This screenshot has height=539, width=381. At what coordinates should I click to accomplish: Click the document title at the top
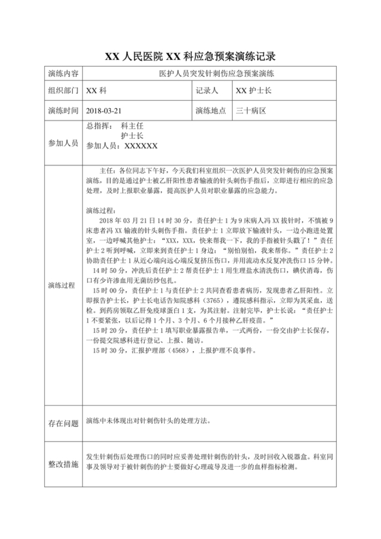coord(190,56)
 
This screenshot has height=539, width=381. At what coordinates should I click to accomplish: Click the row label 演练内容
coord(63,73)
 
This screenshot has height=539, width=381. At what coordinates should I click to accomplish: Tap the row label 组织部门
coord(63,91)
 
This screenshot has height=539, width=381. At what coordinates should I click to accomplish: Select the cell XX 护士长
coord(254,91)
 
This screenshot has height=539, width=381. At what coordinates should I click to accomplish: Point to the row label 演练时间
coord(63,109)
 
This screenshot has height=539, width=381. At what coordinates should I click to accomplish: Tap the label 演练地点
coord(210,109)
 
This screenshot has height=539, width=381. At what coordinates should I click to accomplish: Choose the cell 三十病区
coord(250,109)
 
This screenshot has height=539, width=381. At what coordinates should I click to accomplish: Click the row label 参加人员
coord(63,144)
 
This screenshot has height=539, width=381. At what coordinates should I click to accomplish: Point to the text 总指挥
coord(98,126)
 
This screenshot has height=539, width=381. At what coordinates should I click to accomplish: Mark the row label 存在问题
coord(63,423)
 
